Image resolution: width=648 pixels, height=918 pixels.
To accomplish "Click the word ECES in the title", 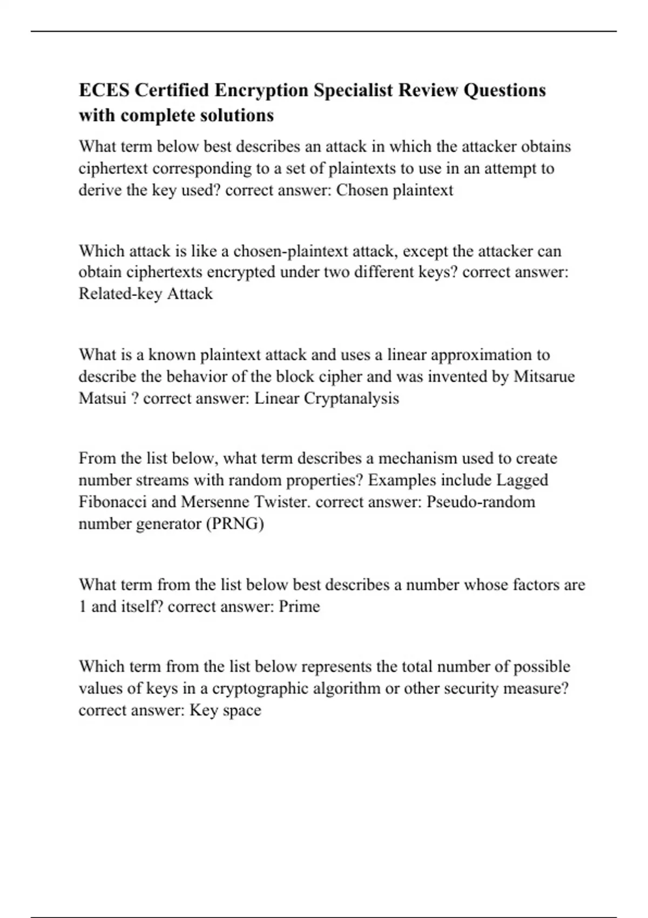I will coord(104,90).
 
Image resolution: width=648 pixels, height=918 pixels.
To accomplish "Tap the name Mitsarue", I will coord(544,376).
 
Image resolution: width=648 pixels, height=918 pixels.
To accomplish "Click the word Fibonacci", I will coord(112,502).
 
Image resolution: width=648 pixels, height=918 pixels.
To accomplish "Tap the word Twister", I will coord(282,502).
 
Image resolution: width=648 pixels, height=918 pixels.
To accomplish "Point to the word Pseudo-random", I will coord(481,502).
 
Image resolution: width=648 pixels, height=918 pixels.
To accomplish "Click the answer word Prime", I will coord(299,607).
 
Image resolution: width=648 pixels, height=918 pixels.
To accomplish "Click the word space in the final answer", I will coord(242,711).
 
